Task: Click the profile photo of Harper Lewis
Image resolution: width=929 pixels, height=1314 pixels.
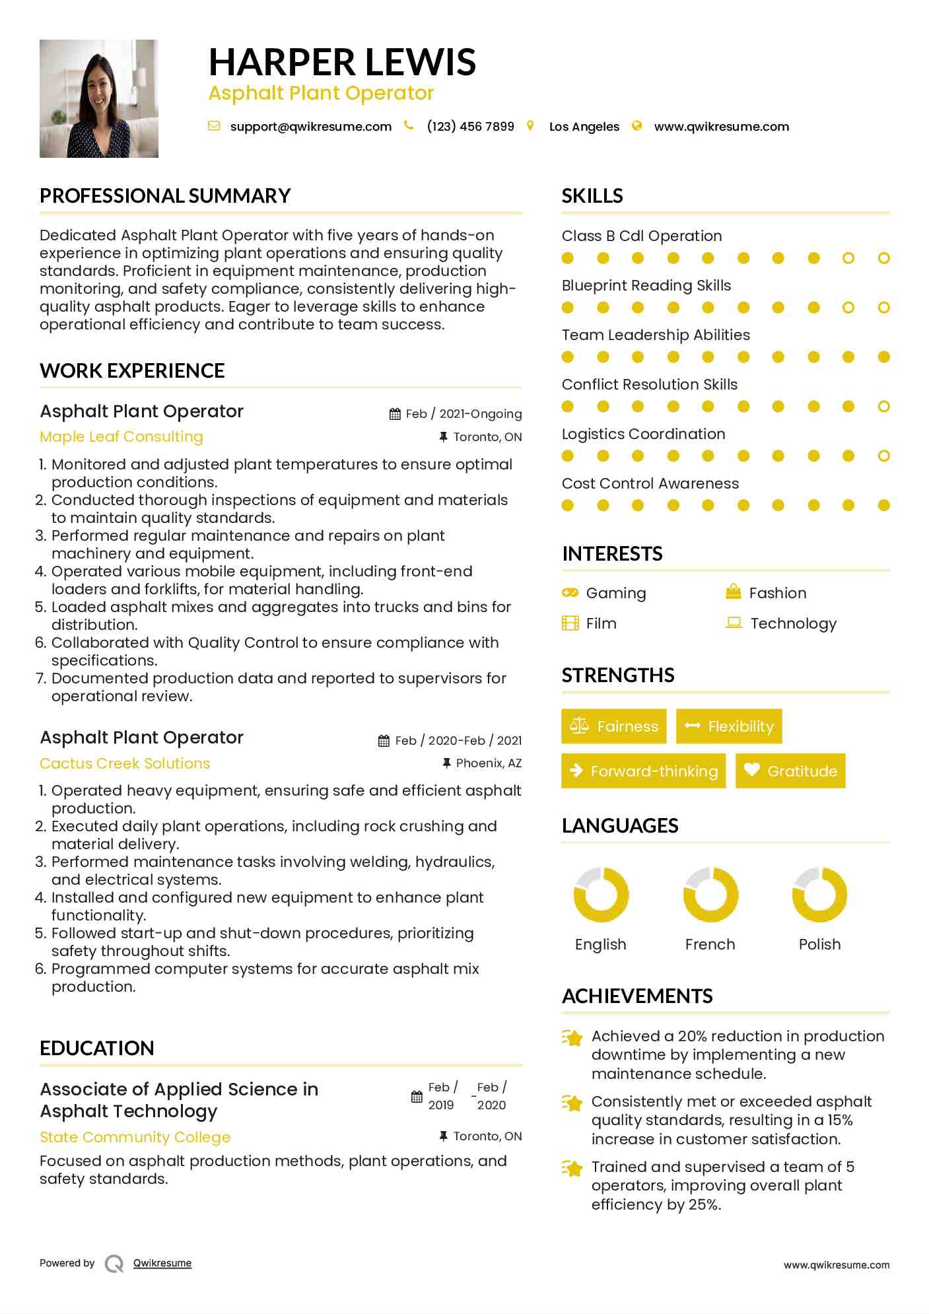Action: point(99,99)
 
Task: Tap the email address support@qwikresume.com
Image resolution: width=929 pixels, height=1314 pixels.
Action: point(310,127)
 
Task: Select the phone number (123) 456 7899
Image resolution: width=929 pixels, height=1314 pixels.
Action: point(470,127)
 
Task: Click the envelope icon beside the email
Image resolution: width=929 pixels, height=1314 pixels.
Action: point(214,126)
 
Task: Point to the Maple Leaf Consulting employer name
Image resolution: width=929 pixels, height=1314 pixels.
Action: point(121,437)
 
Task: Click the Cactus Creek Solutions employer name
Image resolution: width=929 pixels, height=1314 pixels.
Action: point(125,764)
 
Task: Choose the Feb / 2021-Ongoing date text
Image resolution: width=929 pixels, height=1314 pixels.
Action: point(463,414)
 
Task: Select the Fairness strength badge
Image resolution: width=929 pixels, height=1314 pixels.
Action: point(614,726)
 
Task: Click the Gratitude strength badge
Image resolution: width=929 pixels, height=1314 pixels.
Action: point(790,771)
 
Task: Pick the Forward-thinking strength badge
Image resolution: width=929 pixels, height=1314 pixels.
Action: point(643,771)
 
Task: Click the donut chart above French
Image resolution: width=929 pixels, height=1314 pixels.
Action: point(710,895)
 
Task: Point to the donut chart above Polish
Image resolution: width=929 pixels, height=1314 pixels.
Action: point(819,895)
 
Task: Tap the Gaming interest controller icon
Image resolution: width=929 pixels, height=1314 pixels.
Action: point(570,592)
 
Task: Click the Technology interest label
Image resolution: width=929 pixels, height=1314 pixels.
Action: point(793,623)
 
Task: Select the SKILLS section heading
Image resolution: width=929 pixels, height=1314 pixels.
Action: point(592,196)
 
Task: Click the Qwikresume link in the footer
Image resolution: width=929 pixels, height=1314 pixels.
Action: point(162,1263)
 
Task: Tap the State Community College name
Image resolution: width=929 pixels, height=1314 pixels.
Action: point(135,1137)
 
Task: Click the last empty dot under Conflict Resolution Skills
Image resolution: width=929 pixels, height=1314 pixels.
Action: point(884,407)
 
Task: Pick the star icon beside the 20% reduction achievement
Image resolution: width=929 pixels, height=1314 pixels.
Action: point(572,1037)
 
